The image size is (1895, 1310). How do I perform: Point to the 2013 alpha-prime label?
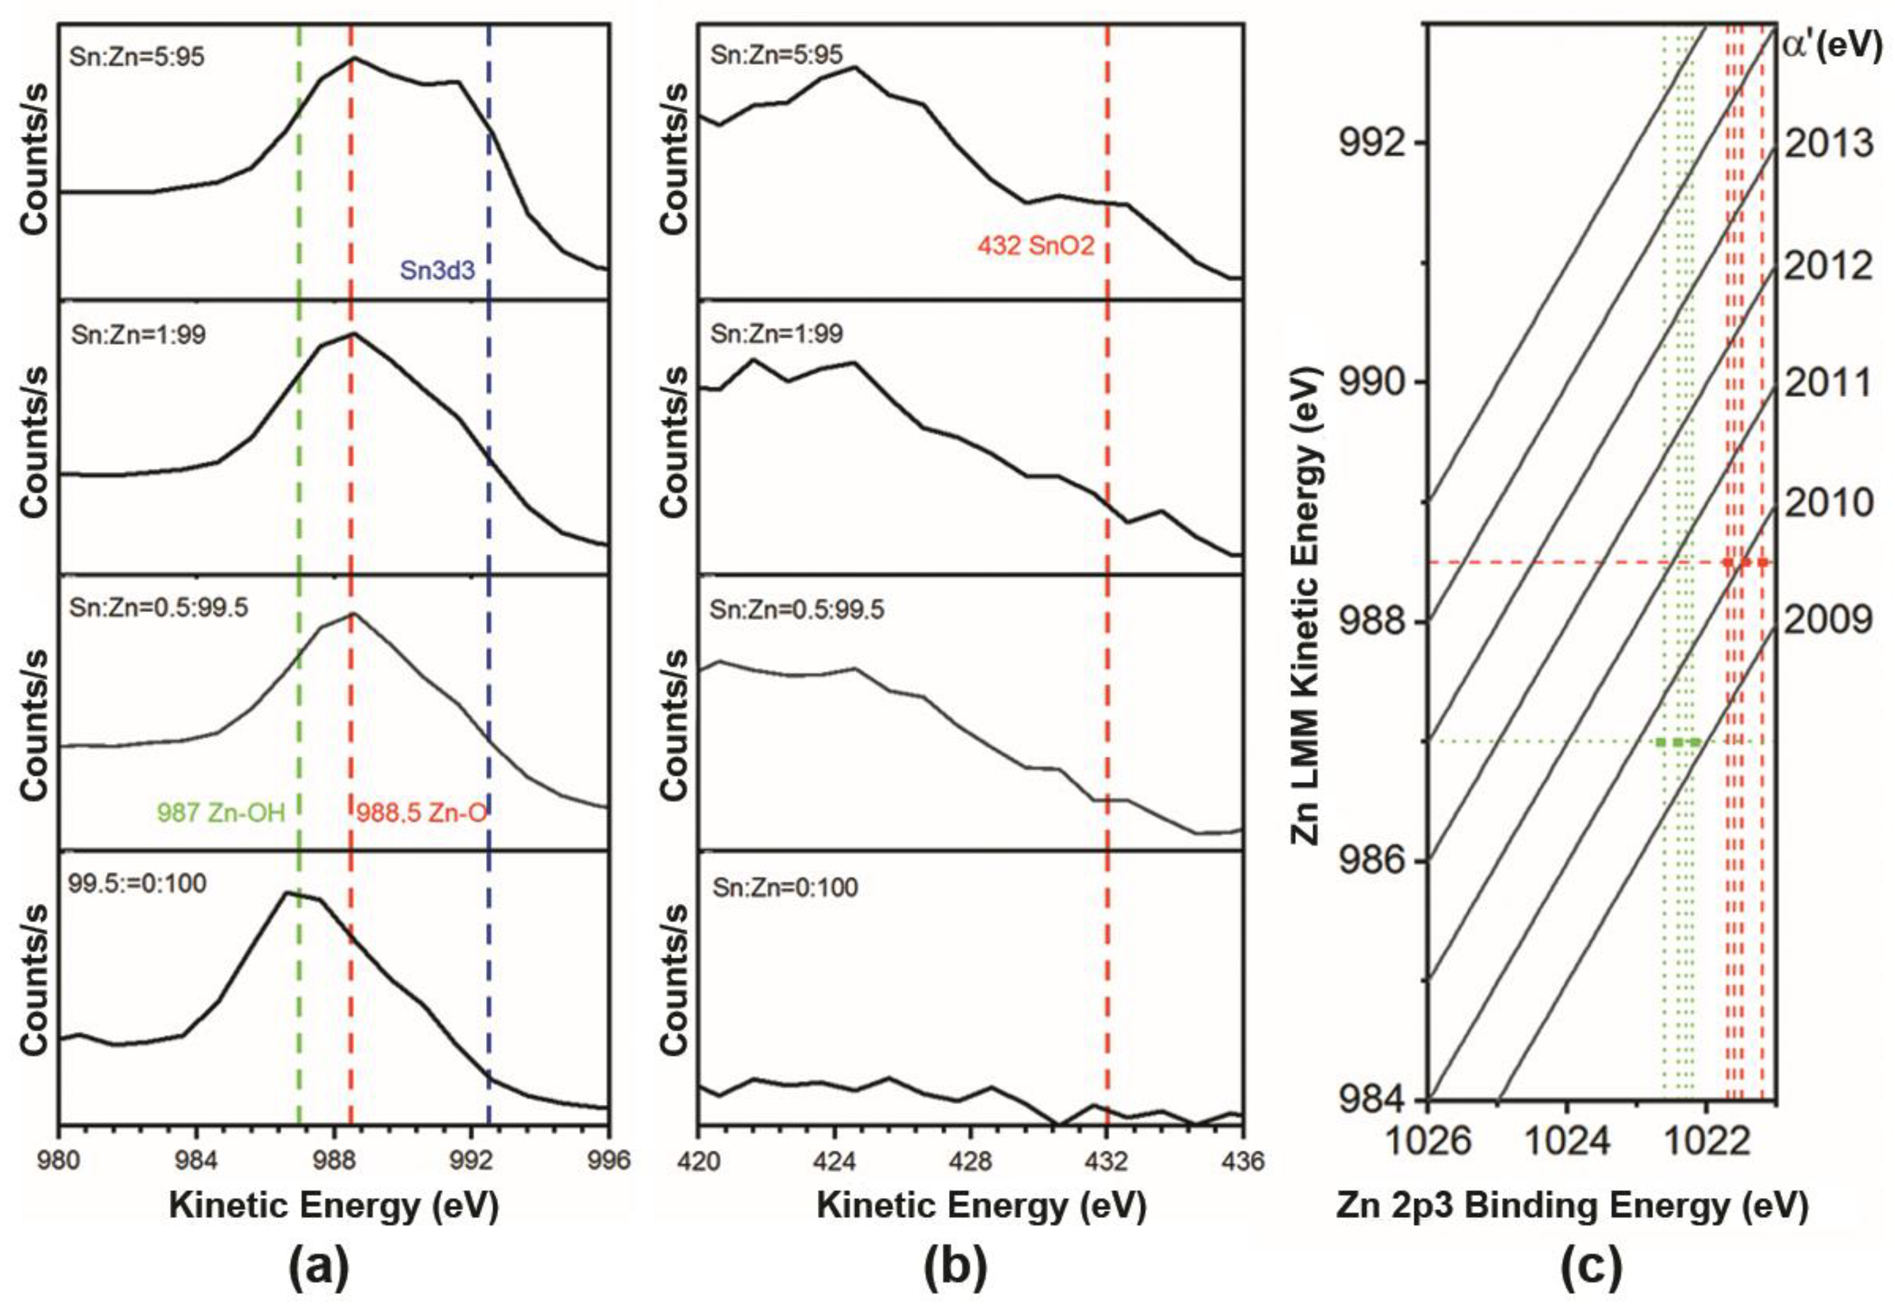tap(1829, 143)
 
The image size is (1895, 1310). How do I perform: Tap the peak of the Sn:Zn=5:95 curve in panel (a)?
tap(354, 58)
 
